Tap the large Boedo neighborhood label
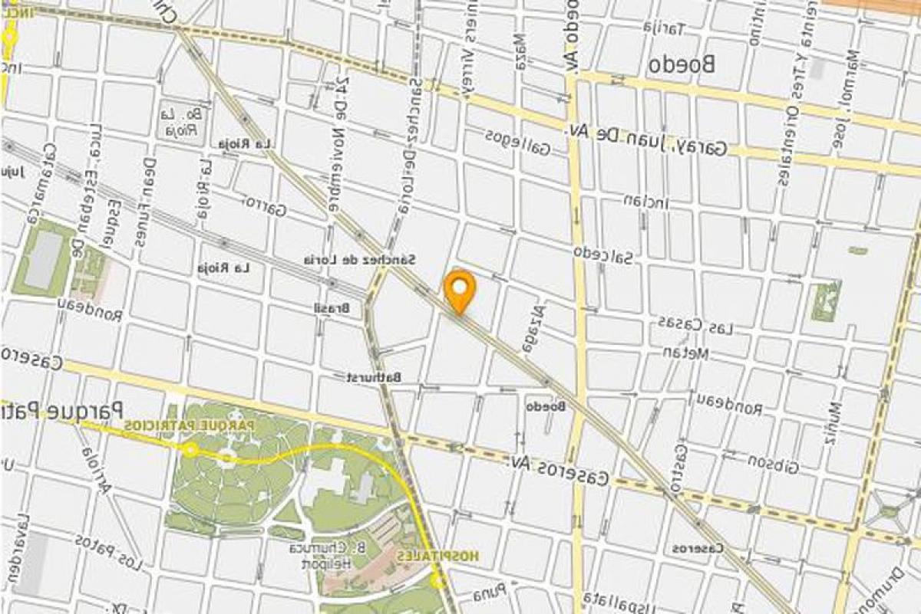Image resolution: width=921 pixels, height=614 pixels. pos(681,64)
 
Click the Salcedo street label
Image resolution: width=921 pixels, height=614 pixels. pos(603,254)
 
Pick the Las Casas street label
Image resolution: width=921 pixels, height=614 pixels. pos(694,325)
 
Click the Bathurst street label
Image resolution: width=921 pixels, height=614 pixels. pos(373,377)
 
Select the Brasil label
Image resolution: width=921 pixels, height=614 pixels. pos(332,308)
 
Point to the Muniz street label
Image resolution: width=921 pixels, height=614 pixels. pos(834,423)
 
